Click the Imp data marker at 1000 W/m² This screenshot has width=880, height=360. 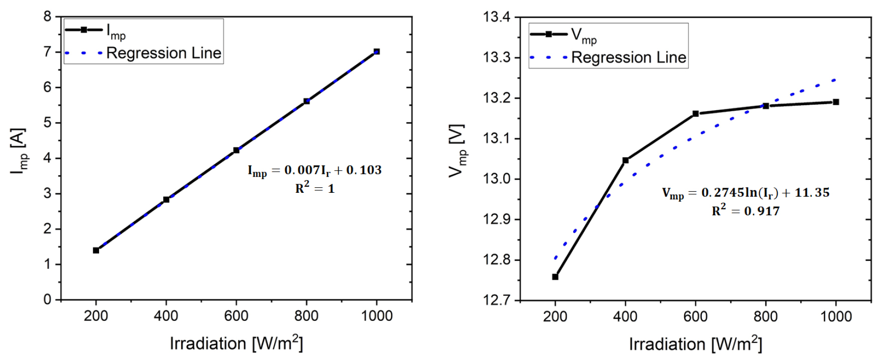pos(376,52)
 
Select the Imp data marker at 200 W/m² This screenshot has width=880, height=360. pos(96,250)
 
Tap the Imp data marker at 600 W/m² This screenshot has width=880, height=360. pos(236,150)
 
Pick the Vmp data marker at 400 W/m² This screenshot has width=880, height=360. pos(625,160)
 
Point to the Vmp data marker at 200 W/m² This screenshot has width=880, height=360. pos(555,277)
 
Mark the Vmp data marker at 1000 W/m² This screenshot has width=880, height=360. pos(835,102)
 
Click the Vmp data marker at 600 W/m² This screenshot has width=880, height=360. pos(695,114)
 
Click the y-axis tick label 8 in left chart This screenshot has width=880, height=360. pos(47,17)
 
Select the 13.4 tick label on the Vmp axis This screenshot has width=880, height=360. pos(497,18)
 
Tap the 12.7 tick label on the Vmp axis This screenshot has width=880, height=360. pos(497,300)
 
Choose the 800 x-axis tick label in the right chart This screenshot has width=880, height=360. pos(765,316)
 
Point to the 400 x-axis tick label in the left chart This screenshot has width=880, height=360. pos(166,316)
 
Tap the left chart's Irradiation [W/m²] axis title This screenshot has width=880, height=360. pos(236,343)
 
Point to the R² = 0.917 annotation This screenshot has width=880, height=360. pos(745,211)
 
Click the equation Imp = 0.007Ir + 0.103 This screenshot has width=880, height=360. pos(314,171)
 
